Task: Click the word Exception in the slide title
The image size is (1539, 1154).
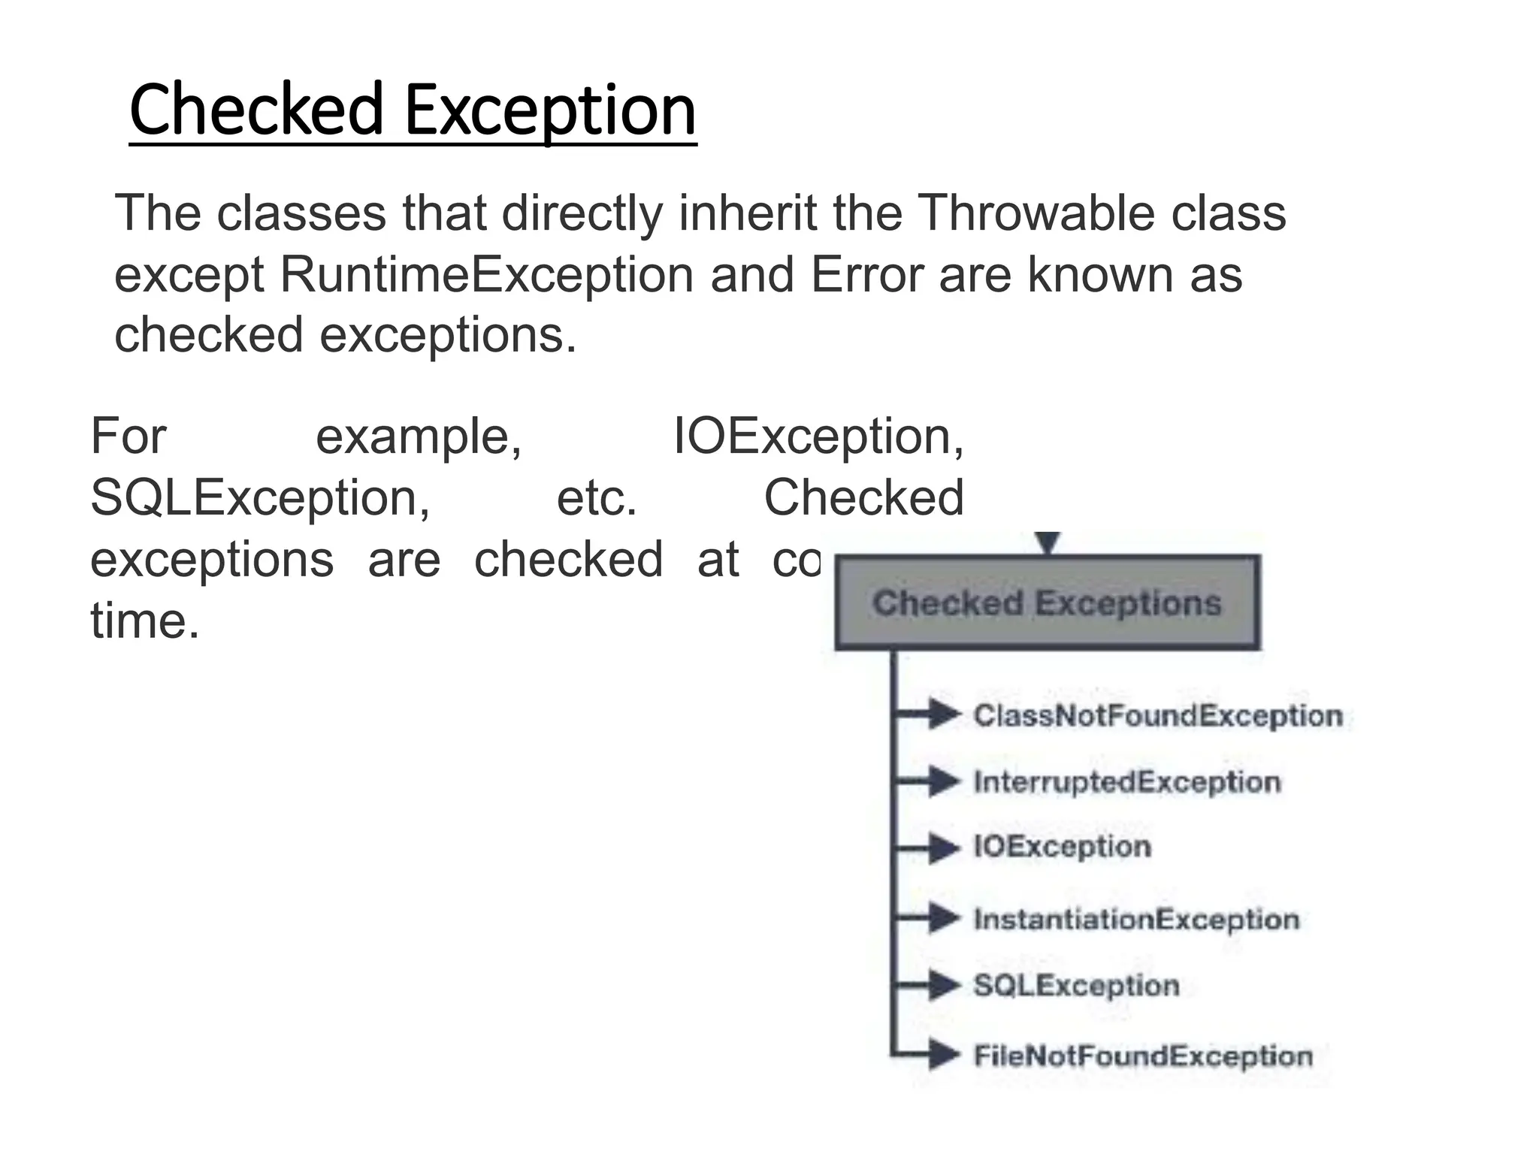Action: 550,110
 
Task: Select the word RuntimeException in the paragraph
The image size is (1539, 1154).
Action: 487,275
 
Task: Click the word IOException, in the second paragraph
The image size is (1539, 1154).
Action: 818,437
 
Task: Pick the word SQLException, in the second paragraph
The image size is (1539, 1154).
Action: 260,498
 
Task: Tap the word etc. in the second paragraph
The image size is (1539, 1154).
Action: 597,498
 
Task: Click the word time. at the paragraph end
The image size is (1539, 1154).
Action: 145,621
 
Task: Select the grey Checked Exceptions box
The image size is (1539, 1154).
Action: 1047,603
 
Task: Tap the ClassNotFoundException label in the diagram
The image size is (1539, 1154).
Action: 1157,715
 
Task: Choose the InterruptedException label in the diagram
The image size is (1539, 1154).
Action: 1126,782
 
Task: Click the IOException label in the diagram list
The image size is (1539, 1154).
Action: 1062,847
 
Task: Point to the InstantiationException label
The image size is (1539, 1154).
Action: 1136,919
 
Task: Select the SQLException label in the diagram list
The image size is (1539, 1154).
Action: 1076,985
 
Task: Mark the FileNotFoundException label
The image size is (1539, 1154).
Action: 1142,1056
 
